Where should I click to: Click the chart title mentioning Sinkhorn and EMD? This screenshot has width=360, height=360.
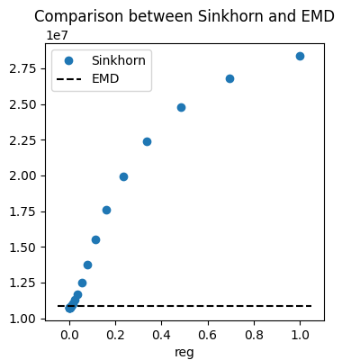[184, 16]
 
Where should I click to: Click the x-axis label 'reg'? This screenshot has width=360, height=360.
[184, 352]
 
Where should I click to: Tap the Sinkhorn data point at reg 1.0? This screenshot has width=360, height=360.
[300, 56]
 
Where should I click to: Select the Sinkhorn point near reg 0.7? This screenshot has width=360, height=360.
[229, 78]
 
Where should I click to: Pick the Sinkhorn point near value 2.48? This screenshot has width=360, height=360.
[181, 107]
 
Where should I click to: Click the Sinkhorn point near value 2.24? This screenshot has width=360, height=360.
[147, 141]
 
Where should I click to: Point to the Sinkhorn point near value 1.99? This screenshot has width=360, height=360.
[123, 176]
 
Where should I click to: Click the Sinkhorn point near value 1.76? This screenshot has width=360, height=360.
[106, 210]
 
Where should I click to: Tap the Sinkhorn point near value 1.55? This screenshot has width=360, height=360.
[95, 239]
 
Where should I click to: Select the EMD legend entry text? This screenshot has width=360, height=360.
[105, 78]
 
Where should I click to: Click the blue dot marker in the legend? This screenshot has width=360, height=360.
[68, 60]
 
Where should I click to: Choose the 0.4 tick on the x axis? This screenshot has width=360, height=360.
[161, 335]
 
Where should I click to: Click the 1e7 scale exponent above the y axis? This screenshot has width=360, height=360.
[58, 34]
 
